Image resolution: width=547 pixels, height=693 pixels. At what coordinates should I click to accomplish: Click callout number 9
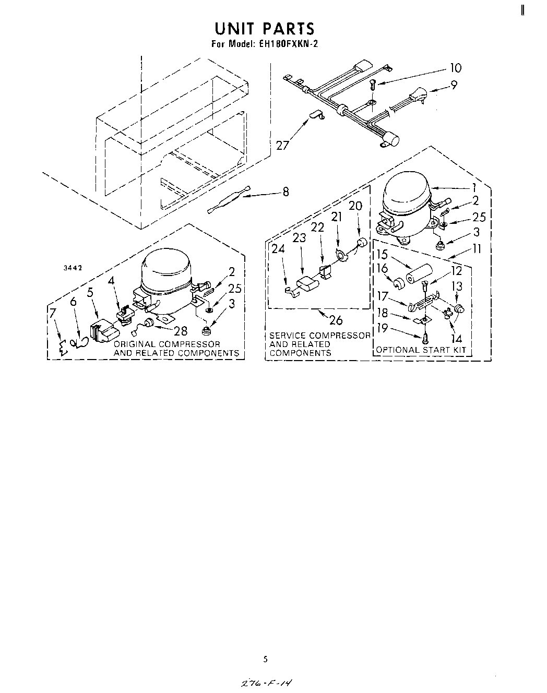(454, 84)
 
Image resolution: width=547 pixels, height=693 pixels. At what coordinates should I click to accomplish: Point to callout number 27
(282, 145)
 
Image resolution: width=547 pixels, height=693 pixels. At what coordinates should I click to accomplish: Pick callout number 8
(286, 192)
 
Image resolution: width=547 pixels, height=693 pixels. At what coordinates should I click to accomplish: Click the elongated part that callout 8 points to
(229, 199)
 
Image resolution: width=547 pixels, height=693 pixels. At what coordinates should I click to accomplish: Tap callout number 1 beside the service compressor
(474, 187)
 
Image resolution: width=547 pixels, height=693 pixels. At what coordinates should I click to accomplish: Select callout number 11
(476, 248)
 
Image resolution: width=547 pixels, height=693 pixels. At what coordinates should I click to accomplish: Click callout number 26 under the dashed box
(336, 319)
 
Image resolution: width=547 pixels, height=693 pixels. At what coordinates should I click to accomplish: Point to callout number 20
(355, 206)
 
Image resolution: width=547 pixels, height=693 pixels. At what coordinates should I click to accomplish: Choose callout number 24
(278, 249)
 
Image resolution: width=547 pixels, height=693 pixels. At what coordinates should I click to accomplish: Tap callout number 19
(382, 328)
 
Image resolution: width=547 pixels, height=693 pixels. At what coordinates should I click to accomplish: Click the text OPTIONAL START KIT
(421, 350)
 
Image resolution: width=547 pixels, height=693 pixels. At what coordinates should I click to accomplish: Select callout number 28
(180, 331)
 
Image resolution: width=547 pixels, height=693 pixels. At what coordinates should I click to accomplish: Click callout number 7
(53, 313)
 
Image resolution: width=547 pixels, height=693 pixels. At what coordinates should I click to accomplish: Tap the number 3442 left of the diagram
(74, 268)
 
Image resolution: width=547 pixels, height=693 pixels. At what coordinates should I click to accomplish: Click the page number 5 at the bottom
(265, 659)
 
